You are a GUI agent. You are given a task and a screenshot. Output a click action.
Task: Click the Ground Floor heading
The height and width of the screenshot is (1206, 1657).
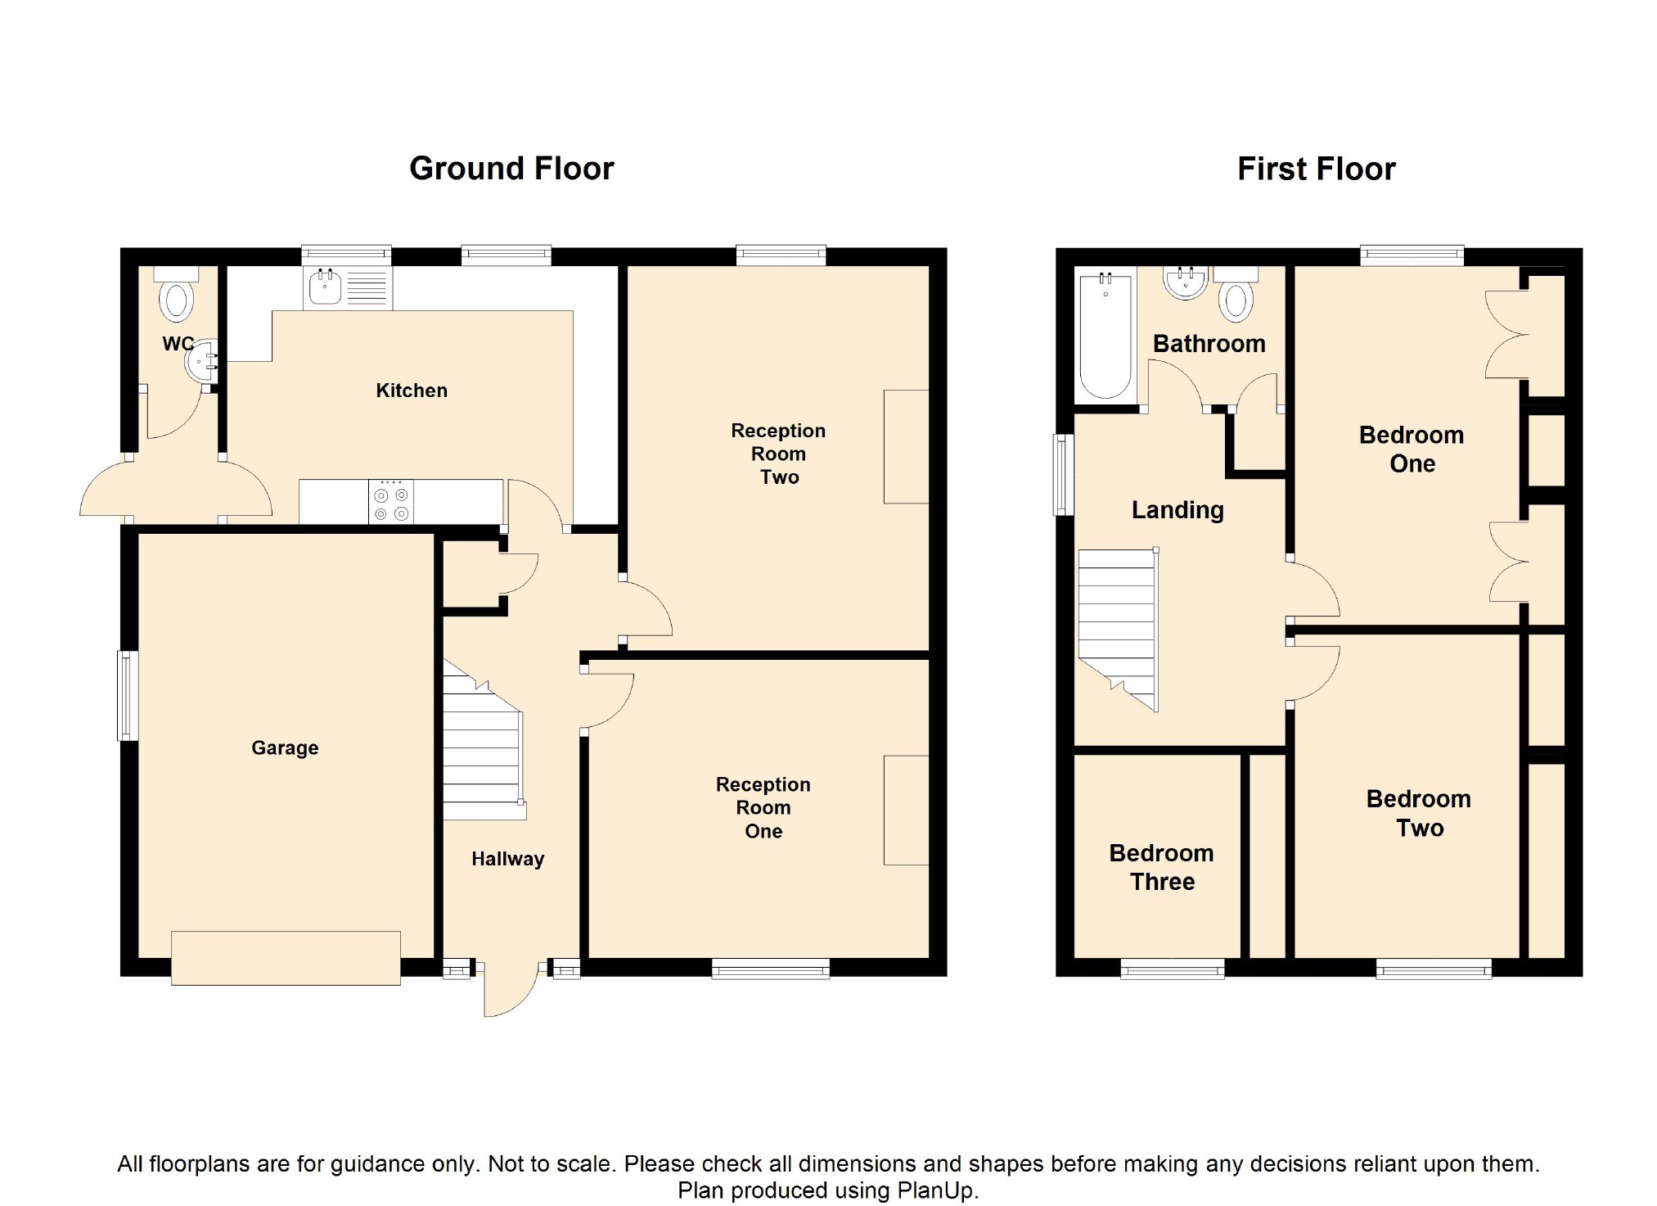(x=511, y=169)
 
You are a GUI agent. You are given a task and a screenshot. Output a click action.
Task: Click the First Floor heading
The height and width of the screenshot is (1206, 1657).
(x=1316, y=169)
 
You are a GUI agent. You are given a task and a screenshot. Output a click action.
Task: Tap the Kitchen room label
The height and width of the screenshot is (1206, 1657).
(x=412, y=391)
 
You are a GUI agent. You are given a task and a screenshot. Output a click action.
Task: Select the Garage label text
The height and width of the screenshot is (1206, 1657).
(x=285, y=748)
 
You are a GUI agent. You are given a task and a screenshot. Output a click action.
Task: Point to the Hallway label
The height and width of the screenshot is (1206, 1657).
(x=507, y=859)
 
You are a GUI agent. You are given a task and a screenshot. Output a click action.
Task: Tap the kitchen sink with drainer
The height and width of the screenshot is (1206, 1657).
(x=348, y=288)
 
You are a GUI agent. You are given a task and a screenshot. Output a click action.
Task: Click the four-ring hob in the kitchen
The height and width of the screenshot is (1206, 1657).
(x=391, y=502)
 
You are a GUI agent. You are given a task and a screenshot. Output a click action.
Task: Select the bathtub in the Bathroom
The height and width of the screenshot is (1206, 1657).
(x=1105, y=336)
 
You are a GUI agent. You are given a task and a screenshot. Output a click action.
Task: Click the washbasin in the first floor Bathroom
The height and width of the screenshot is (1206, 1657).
(x=1186, y=282)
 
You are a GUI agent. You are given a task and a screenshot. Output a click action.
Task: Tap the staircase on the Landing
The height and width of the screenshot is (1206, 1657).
(x=1119, y=630)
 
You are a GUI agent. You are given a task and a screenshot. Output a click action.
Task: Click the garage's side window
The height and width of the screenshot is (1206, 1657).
(x=128, y=696)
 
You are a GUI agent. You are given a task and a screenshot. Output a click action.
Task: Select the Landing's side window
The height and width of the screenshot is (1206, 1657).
(x=1063, y=475)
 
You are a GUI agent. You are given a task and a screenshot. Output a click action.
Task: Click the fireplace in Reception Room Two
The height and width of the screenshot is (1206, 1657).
(x=907, y=446)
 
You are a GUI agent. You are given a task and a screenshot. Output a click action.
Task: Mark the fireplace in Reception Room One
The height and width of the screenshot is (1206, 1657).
(x=907, y=810)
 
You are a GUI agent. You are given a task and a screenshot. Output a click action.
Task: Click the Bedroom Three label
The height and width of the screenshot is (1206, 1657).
(x=1162, y=867)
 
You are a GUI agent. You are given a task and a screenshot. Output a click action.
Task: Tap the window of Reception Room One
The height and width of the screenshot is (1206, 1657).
(x=771, y=969)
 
